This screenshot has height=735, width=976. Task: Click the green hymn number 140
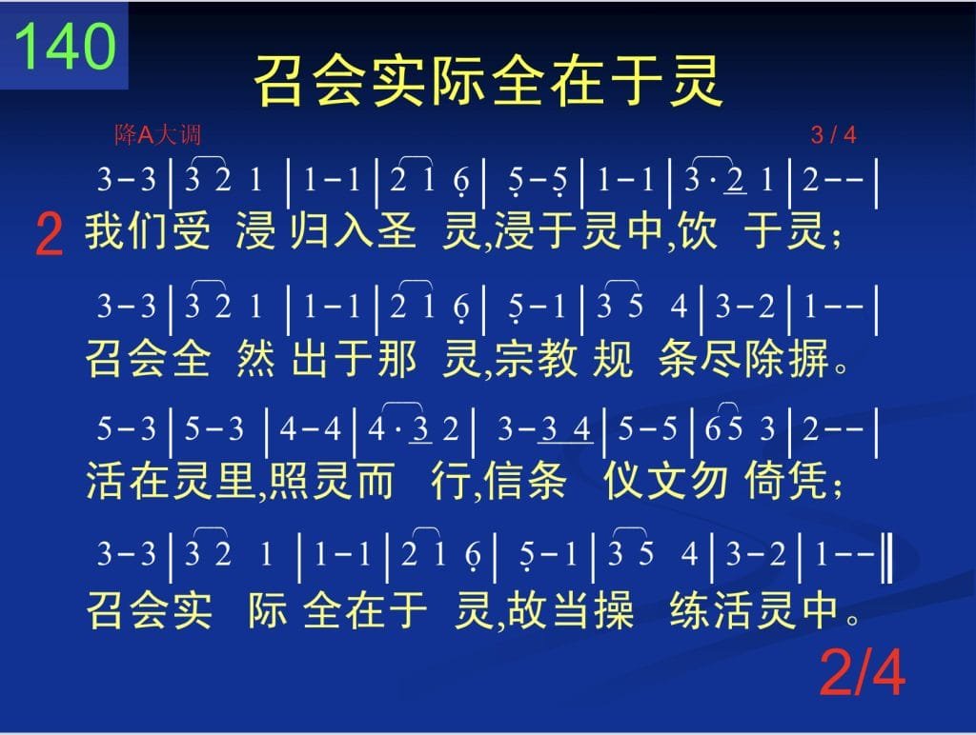[x=66, y=46]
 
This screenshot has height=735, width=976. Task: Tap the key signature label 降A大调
[x=157, y=134]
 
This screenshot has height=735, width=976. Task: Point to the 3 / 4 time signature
[x=833, y=134]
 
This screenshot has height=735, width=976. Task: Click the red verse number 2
[x=50, y=234]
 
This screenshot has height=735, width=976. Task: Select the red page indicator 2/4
[x=862, y=672]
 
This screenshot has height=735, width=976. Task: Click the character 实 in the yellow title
[x=399, y=81]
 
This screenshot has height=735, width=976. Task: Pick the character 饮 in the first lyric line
[x=697, y=230]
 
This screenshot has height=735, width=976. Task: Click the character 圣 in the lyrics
[x=396, y=230]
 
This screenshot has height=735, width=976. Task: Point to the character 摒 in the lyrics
[x=809, y=359]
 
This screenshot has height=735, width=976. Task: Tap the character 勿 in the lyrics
[x=709, y=481]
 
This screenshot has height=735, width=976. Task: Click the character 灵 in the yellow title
[x=696, y=81]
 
